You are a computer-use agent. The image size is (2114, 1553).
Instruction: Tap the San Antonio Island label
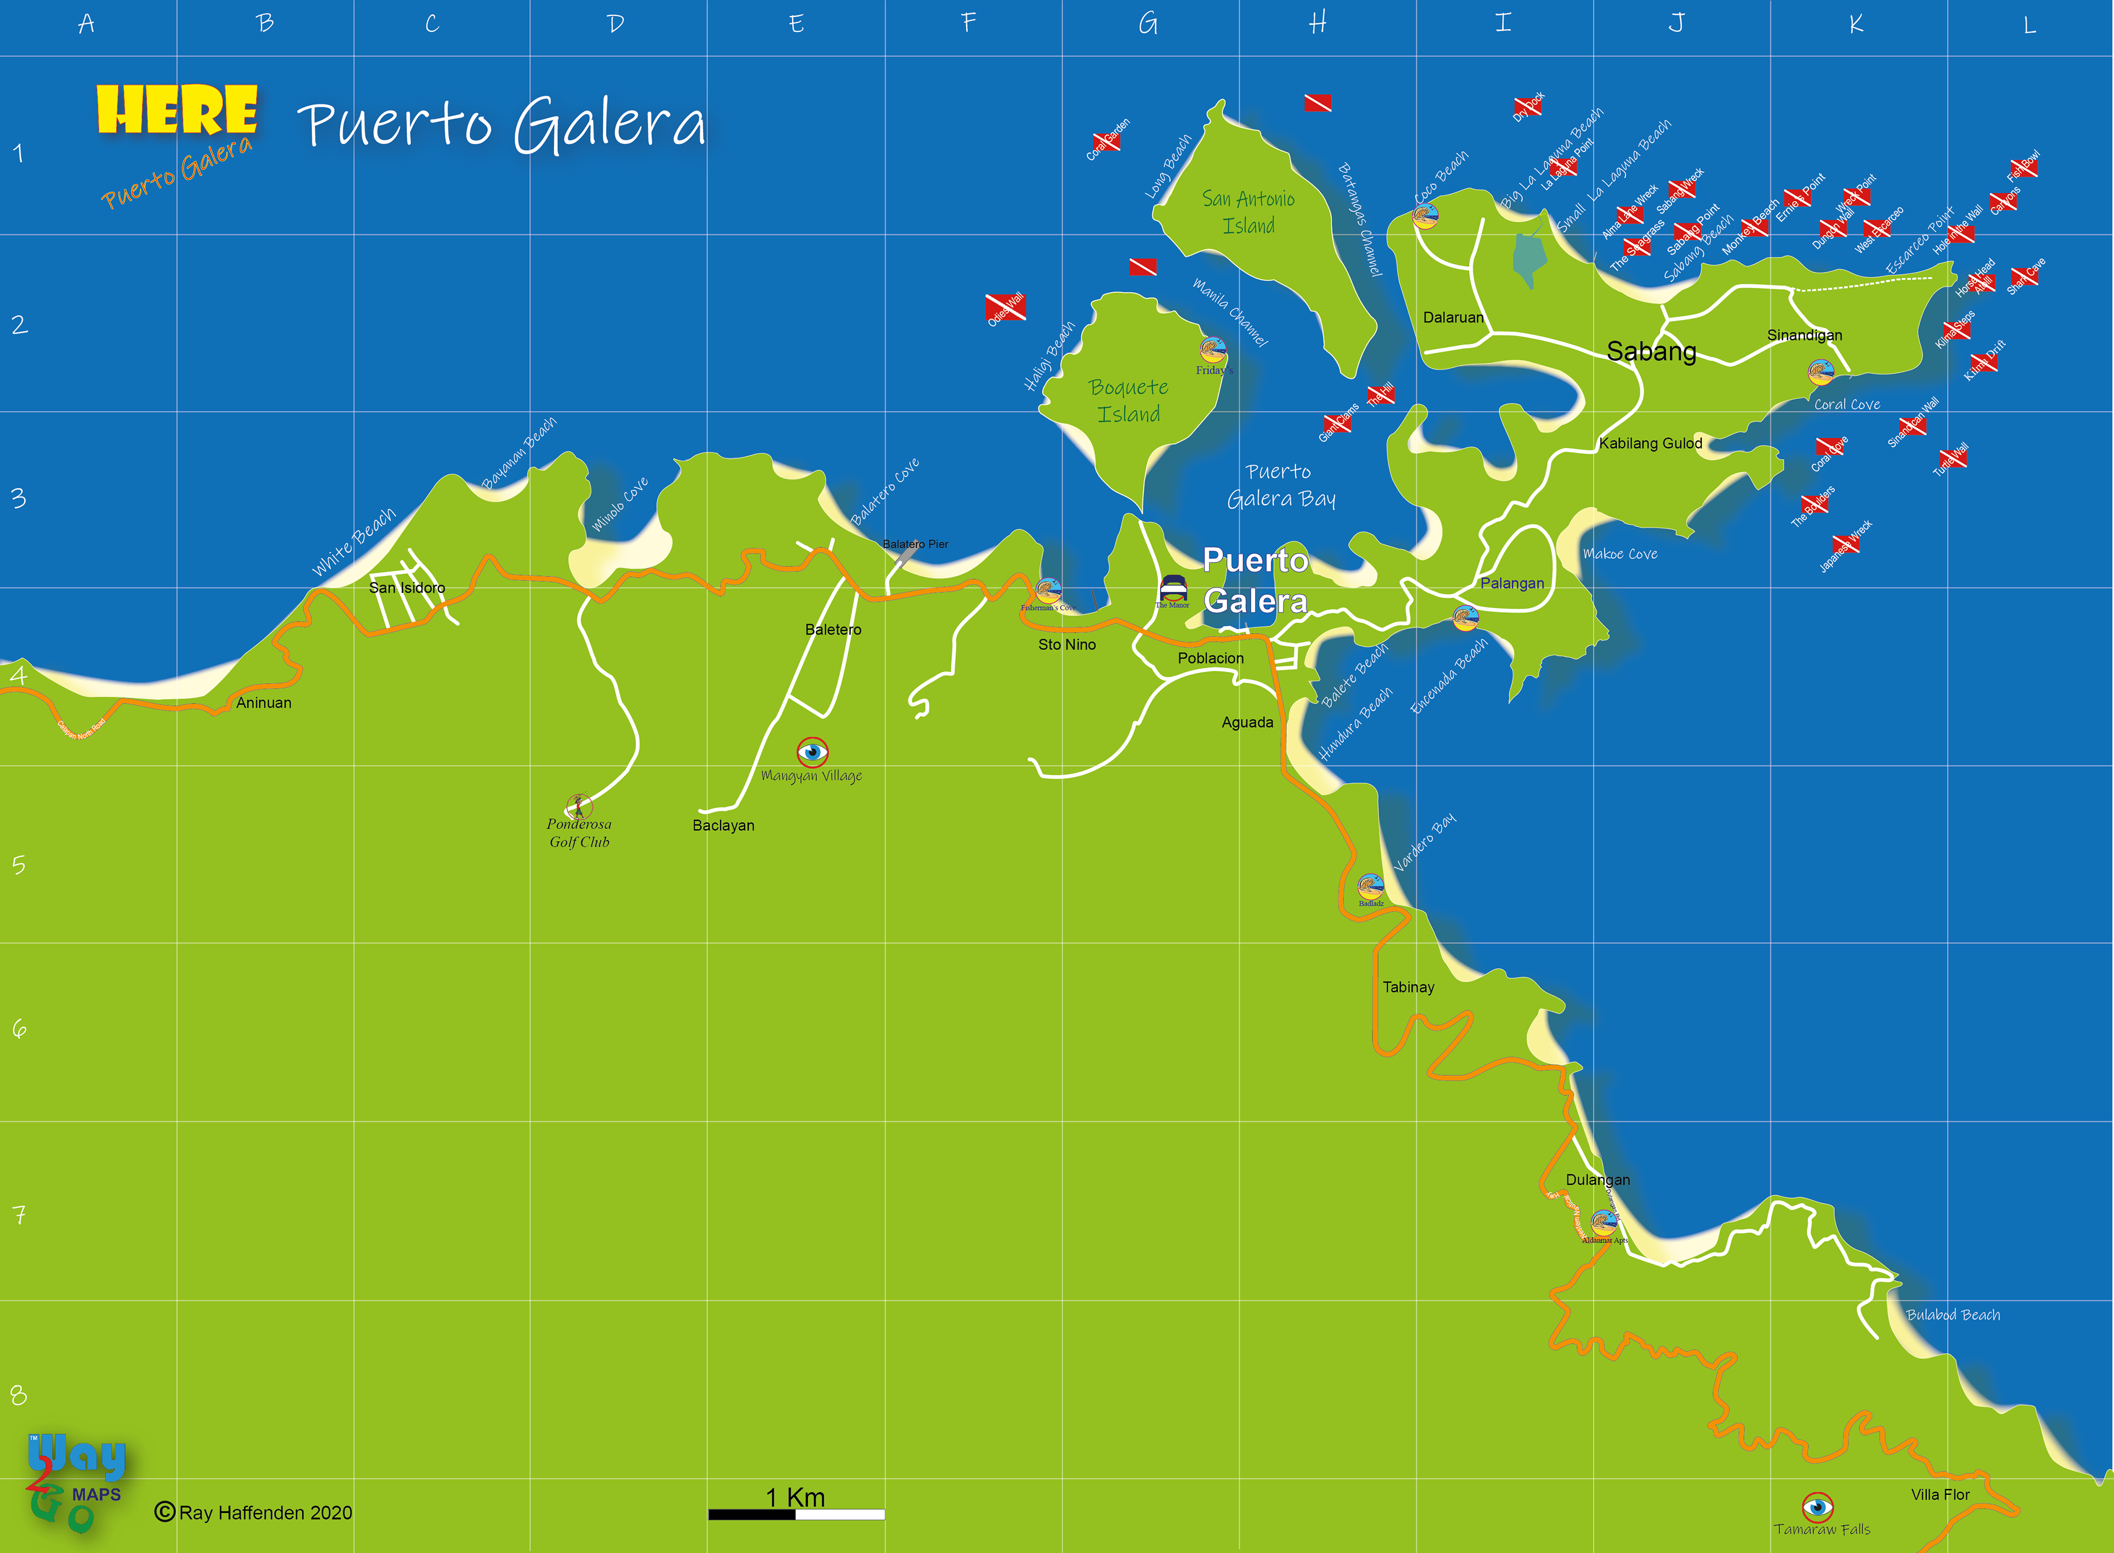pyautogui.click(x=1248, y=212)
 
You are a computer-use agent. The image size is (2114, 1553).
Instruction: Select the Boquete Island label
pyautogui.click(x=1128, y=400)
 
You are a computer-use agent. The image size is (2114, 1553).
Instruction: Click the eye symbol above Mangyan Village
pyautogui.click(x=812, y=752)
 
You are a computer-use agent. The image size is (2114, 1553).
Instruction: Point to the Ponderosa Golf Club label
pyautogui.click(x=579, y=833)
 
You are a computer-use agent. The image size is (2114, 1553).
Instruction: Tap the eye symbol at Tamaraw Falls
pyautogui.click(x=1817, y=1507)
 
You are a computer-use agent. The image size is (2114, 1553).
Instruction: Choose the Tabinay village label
pyautogui.click(x=1408, y=987)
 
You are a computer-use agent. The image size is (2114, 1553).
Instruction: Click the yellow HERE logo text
pyautogui.click(x=177, y=110)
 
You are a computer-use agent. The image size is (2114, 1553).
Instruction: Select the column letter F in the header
pyautogui.click(x=969, y=23)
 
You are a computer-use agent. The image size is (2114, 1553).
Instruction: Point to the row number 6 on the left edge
pyautogui.click(x=19, y=1028)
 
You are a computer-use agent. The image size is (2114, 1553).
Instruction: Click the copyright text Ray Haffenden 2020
pyautogui.click(x=254, y=1513)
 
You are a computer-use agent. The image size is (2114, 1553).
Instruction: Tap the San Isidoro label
pyautogui.click(x=407, y=587)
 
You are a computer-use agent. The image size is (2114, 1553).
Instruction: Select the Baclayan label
pyautogui.click(x=723, y=825)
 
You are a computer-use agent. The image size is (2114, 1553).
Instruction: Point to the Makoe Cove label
pyautogui.click(x=1620, y=554)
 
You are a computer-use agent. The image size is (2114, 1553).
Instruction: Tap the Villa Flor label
pyautogui.click(x=1940, y=1495)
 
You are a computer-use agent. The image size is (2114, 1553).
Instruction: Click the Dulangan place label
pyautogui.click(x=1597, y=1180)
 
